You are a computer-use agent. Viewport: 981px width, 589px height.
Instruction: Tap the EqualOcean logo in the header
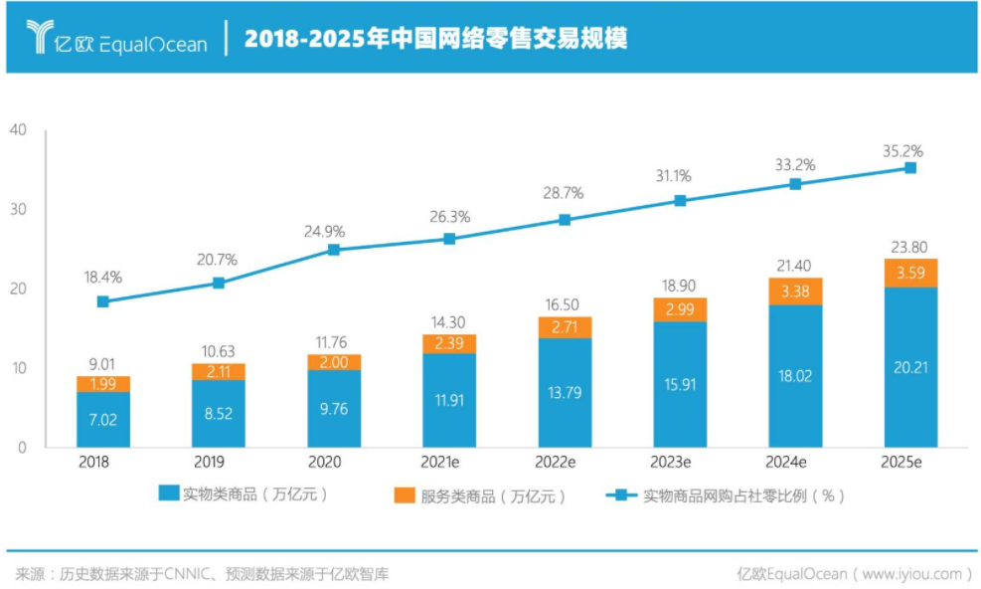117,40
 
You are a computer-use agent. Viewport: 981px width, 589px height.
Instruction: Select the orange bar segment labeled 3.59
909,273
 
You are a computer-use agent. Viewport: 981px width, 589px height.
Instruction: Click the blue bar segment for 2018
103,420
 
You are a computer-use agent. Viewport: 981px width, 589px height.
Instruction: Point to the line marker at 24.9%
334,250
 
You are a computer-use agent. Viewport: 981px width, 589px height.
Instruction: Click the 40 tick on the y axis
19,130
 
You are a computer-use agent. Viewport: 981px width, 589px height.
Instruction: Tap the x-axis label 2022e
565,463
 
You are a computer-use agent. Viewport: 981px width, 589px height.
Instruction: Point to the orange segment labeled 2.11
219,372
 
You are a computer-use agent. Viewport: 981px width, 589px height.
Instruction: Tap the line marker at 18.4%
103,301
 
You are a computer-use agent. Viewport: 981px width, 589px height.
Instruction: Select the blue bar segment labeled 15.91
680,384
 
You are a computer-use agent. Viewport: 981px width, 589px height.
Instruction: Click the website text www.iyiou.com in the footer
912,573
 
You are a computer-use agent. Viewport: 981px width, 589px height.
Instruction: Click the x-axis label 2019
219,463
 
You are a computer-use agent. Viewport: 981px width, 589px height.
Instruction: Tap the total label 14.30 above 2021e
449,323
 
